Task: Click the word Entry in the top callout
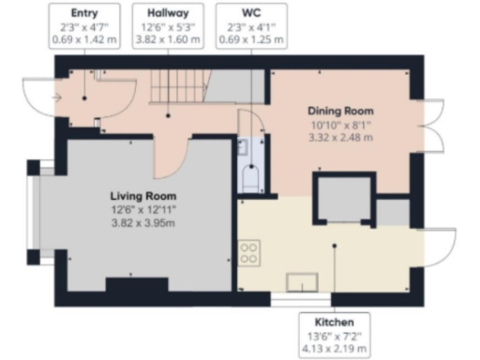click(x=83, y=14)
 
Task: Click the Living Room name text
click(x=141, y=196)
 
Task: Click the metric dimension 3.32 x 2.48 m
click(x=342, y=136)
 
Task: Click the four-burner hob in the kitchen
click(x=250, y=252)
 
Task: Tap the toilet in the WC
click(x=250, y=178)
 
